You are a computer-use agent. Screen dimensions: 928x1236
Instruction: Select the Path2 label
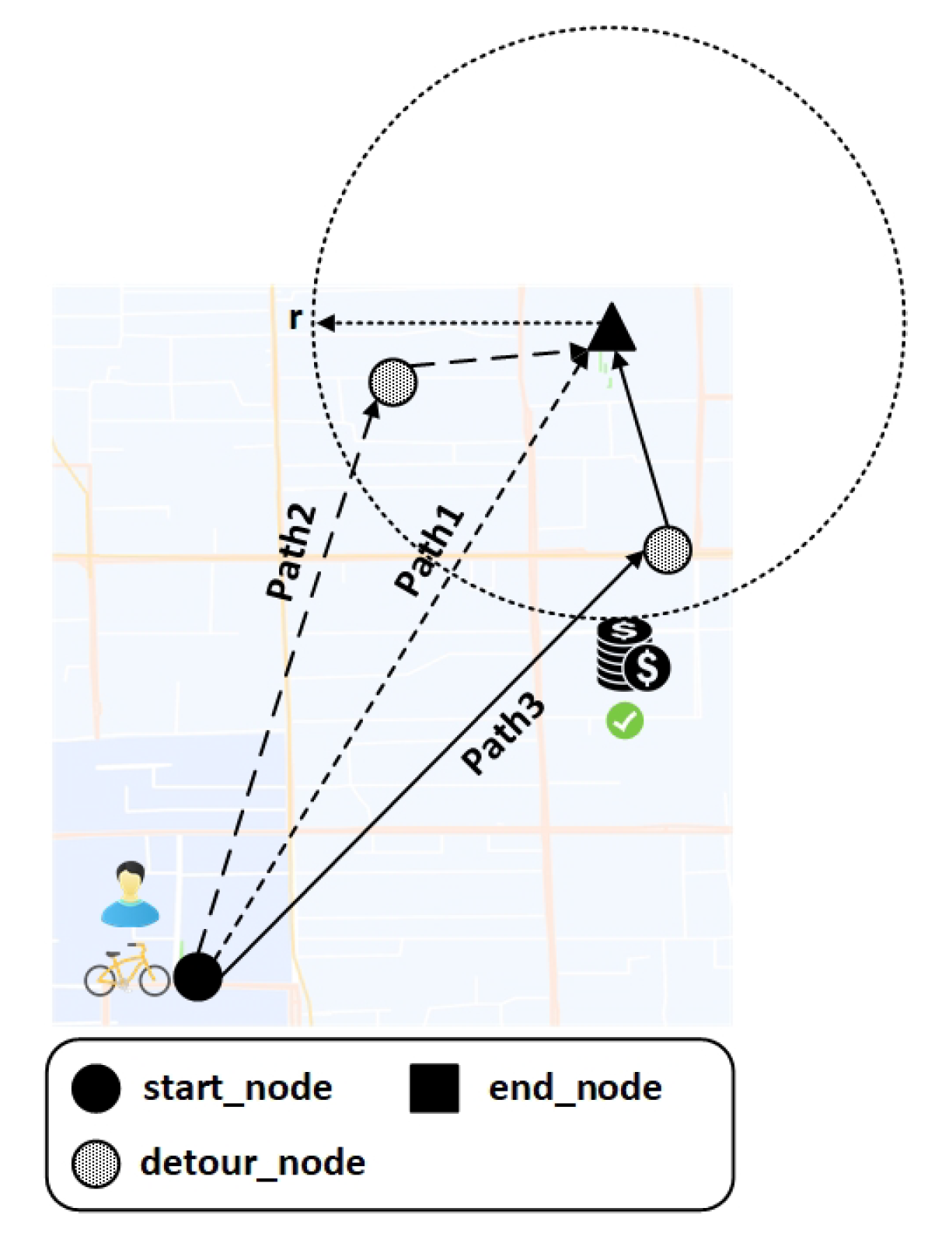coord(291,552)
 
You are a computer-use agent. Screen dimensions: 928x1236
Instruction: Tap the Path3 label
coord(503,734)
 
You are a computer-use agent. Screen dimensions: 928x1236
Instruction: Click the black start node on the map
coord(197,976)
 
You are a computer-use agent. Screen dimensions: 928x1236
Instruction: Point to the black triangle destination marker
coord(612,329)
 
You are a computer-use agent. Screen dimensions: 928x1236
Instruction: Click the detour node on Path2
coord(392,382)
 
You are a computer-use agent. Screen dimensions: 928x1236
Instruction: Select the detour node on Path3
coord(668,550)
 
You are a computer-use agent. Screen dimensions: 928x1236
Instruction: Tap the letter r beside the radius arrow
coord(295,318)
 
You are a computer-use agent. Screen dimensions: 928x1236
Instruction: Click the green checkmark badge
coord(625,721)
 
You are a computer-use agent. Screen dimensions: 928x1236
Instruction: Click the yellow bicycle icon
coord(127,971)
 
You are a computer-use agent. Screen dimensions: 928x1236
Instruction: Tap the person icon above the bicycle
coord(130,895)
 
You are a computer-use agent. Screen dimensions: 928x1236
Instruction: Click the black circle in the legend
coord(96,1088)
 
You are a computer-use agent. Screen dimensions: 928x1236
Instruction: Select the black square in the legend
coord(434,1088)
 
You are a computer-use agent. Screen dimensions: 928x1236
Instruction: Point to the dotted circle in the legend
coord(96,1164)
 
